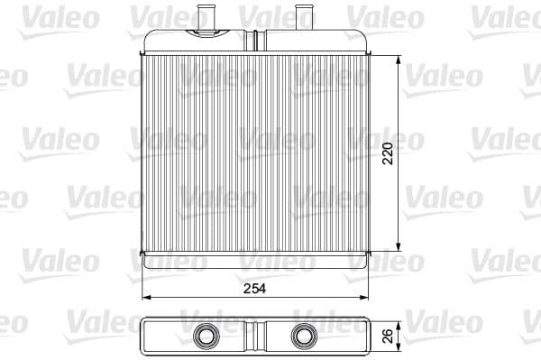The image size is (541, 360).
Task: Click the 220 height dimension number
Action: (388, 156)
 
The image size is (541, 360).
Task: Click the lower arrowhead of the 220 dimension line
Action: (399, 249)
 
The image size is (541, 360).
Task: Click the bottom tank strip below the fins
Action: (257, 256)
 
